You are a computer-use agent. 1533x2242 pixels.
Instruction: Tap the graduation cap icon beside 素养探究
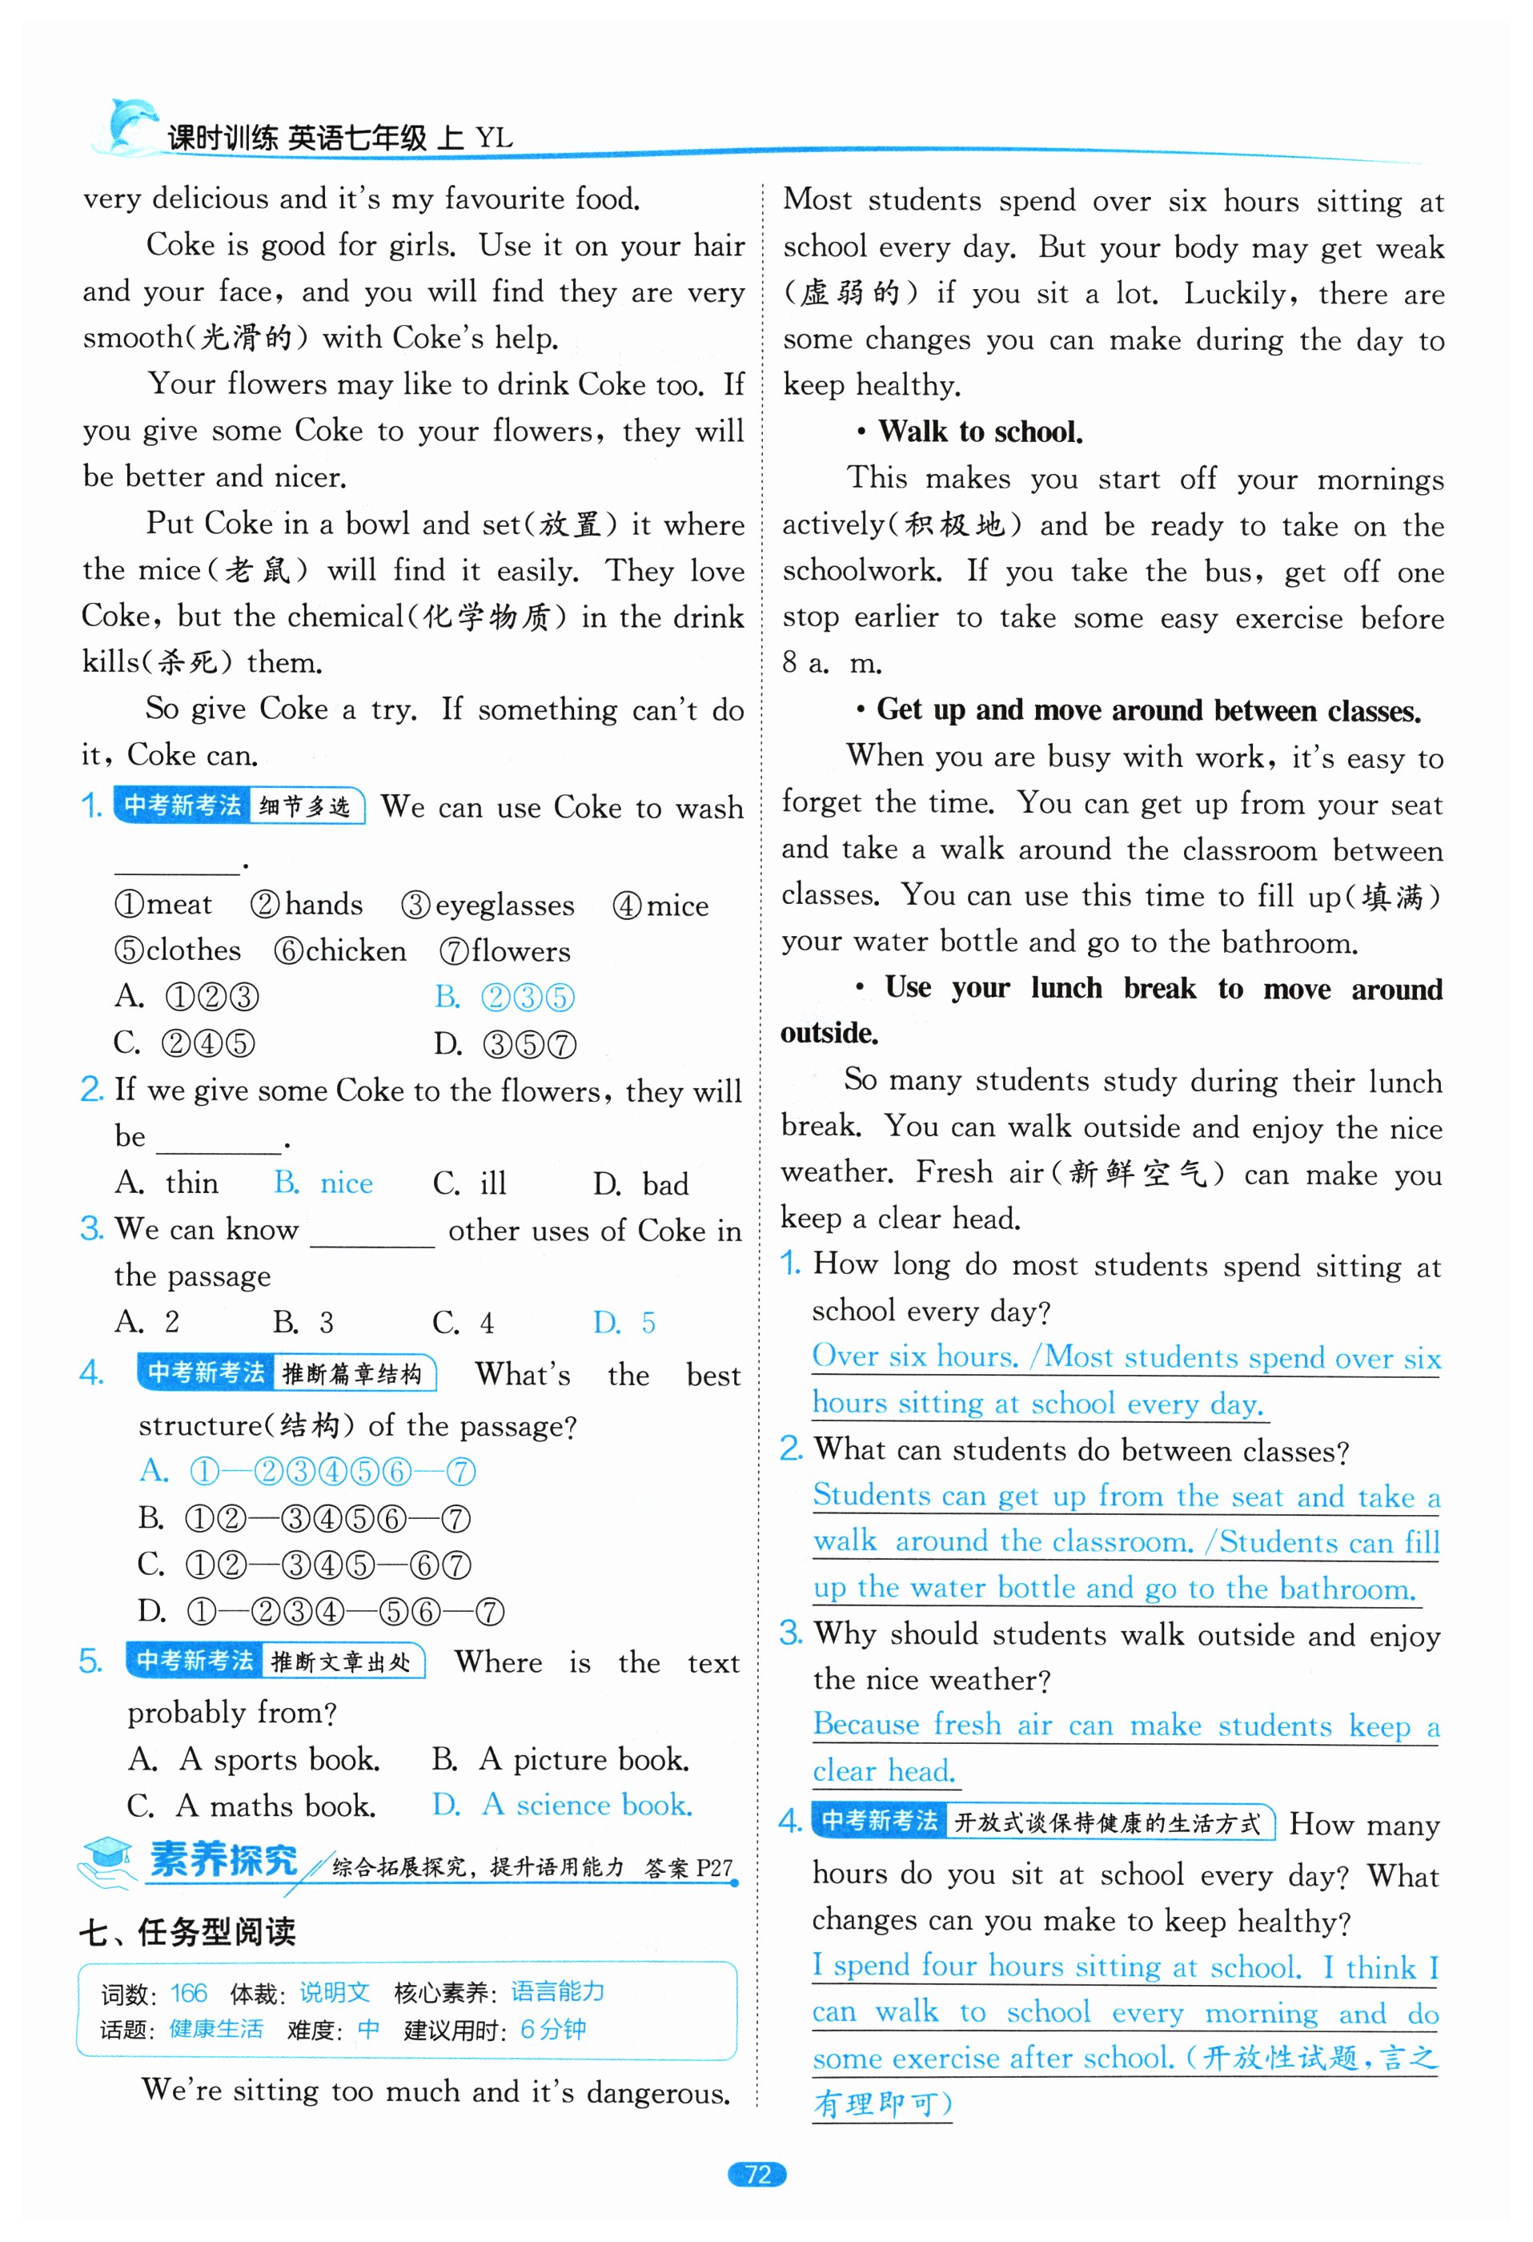point(107,1860)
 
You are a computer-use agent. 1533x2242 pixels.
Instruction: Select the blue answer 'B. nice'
point(323,1183)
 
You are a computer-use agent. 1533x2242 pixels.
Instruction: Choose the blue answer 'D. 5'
point(624,1322)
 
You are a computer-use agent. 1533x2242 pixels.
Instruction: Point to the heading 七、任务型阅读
point(187,1931)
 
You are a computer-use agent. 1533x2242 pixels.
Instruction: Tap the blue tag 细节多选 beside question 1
point(305,806)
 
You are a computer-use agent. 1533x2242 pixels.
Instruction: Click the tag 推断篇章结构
point(352,1374)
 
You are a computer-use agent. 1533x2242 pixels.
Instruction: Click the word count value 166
point(189,1992)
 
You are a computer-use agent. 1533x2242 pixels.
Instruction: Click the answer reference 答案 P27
point(688,1868)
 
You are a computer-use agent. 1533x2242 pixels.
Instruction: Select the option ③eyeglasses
point(488,905)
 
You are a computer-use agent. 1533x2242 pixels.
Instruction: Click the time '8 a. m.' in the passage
point(832,663)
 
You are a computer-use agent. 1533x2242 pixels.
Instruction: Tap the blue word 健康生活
point(216,2029)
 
